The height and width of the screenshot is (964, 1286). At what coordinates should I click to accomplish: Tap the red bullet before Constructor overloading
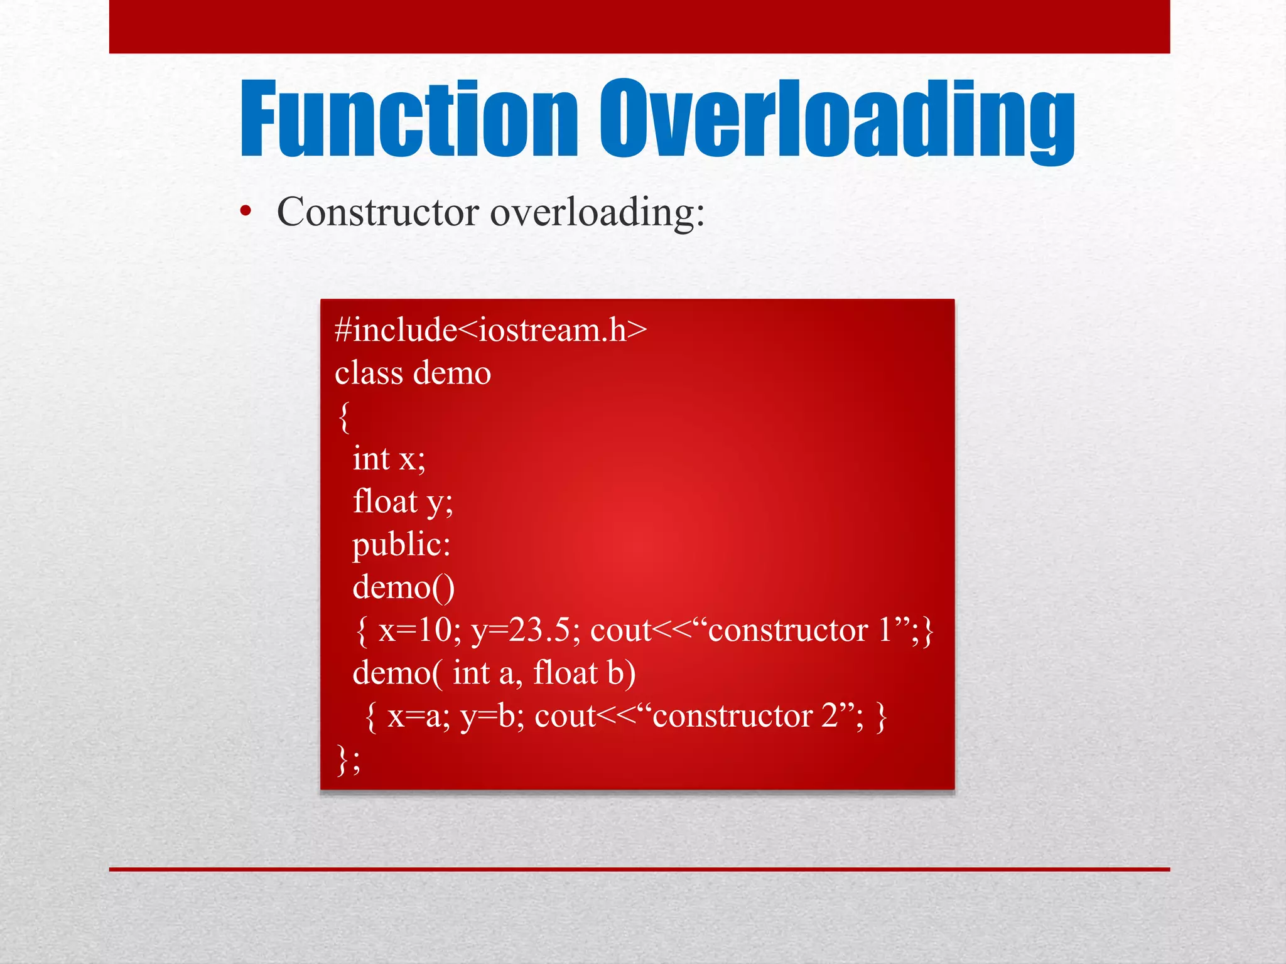tap(246, 212)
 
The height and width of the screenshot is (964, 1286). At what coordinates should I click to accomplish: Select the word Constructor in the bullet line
tap(378, 212)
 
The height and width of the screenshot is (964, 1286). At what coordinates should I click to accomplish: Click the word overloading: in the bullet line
tap(597, 212)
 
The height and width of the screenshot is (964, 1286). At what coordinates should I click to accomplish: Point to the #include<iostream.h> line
tap(490, 330)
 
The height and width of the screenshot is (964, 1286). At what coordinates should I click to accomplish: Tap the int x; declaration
tap(389, 459)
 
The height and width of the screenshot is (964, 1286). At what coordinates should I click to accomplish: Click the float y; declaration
tap(403, 502)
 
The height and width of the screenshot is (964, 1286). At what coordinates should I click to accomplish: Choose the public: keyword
tap(401, 545)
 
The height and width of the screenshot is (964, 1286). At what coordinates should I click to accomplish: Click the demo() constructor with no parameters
tap(403, 588)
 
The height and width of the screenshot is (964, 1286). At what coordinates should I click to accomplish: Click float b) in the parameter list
tap(584, 673)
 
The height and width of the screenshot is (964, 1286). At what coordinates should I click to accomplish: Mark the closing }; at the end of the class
tap(349, 759)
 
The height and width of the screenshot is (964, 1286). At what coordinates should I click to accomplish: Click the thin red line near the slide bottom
tap(639, 869)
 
